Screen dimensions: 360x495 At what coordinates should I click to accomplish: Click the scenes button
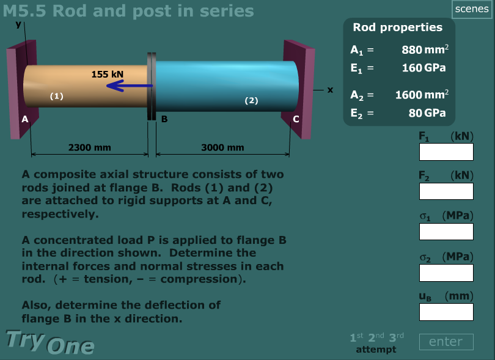tap(472, 9)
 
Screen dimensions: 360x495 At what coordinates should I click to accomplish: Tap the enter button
tap(446, 342)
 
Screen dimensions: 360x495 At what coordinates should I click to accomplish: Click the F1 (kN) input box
tap(446, 152)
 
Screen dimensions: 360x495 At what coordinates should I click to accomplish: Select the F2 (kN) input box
tap(446, 191)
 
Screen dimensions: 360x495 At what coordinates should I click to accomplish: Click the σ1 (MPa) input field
tap(446, 232)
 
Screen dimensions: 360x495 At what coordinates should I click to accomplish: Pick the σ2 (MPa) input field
tap(446, 273)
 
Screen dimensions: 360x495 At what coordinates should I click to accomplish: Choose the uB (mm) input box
tap(446, 312)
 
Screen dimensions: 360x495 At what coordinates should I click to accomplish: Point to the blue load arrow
tap(130, 86)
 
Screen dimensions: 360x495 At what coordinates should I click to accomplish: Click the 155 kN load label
tap(108, 74)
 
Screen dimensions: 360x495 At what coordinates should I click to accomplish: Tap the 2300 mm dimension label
tap(89, 147)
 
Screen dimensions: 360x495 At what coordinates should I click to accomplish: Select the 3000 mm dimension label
tap(222, 147)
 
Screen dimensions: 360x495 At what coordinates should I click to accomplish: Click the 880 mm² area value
tap(425, 50)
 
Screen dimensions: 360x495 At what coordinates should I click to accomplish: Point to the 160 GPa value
tap(424, 67)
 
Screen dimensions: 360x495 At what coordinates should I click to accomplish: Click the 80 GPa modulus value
tap(427, 113)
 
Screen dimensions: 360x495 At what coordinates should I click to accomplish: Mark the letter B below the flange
tap(164, 119)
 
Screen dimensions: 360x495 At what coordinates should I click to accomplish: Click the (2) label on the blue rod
tap(251, 100)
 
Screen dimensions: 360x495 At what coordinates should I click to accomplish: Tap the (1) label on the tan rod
tap(56, 96)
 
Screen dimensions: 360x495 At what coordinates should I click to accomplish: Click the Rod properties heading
tap(397, 27)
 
